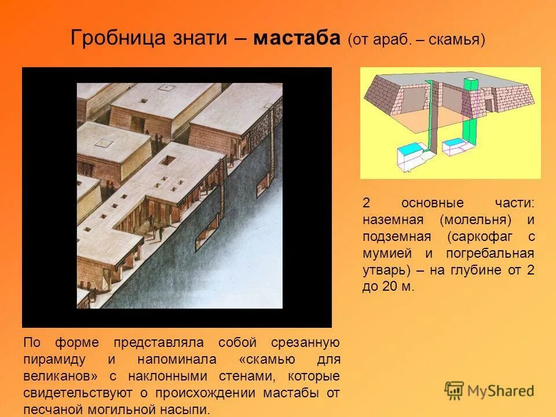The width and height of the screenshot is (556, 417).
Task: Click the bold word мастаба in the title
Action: [297, 39]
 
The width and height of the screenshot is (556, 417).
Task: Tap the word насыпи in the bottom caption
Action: [186, 410]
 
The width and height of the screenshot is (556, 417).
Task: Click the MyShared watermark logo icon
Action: [455, 390]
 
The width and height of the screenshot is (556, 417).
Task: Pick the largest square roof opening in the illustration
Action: [171, 160]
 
